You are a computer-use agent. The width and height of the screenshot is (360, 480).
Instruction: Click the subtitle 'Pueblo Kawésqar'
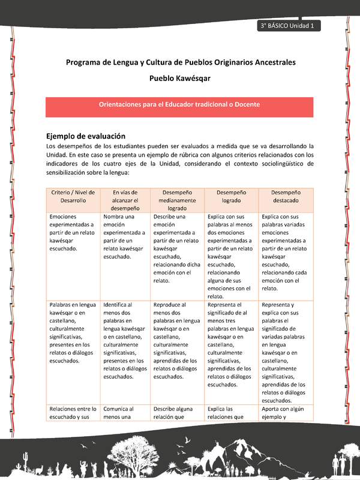pyautogui.click(x=179, y=78)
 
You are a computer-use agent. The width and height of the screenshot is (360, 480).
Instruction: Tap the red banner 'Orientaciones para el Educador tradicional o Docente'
pyautogui.click(x=179, y=104)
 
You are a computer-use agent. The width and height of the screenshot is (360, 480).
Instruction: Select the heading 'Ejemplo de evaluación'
pyautogui.click(x=86, y=136)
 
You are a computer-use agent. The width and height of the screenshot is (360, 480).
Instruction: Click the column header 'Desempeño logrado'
pyautogui.click(x=231, y=196)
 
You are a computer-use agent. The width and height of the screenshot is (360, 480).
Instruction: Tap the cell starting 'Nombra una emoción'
pyautogui.click(x=125, y=236)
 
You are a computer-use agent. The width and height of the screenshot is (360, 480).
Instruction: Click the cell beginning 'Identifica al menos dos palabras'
pyautogui.click(x=125, y=340)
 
